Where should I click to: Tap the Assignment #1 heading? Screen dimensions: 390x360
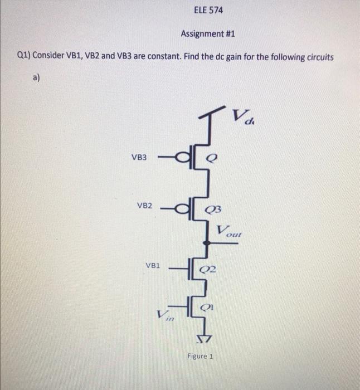tap(208, 34)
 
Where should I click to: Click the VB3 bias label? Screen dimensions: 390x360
tap(139, 158)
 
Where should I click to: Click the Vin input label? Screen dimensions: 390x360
tap(165, 316)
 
